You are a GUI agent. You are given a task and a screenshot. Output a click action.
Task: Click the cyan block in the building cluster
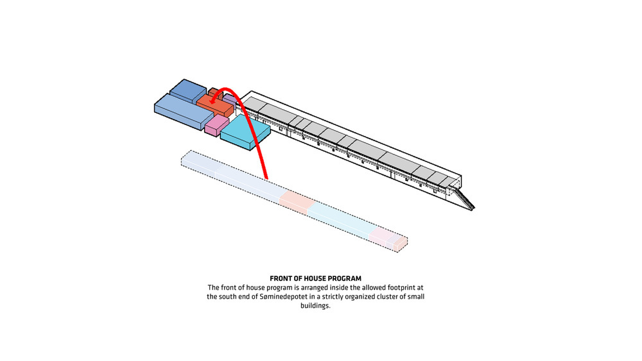click(245, 131)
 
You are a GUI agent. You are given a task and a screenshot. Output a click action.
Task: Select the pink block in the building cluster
click(216, 125)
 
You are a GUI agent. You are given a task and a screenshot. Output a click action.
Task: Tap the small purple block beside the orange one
click(230, 100)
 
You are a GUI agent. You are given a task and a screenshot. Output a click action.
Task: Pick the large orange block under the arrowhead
click(214, 106)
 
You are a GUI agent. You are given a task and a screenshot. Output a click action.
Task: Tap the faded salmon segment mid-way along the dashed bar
click(297, 202)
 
